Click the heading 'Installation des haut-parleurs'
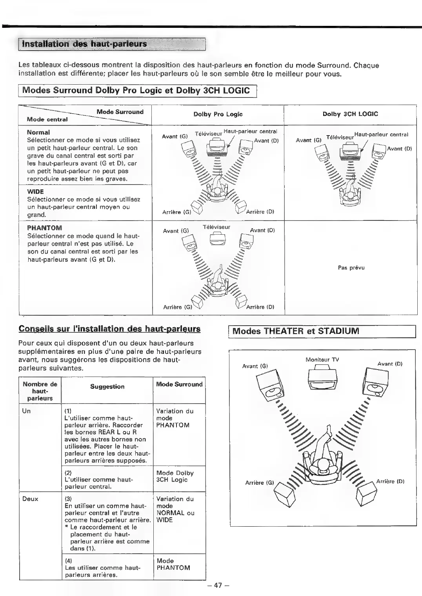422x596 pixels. click(84, 43)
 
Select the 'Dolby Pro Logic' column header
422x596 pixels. click(218, 114)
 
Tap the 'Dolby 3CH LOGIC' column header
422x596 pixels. click(350, 114)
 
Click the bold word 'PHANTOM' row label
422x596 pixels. click(44, 228)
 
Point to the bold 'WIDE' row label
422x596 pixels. click(35, 192)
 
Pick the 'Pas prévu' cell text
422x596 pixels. click(351, 268)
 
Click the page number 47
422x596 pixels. click(218, 585)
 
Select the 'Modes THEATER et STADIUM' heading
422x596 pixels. click(296, 331)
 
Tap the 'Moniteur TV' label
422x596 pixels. click(322, 360)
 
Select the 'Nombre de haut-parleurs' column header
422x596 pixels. click(40, 391)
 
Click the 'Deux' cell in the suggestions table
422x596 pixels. click(30, 499)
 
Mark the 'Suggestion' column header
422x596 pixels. click(107, 386)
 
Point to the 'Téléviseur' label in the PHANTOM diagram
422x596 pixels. click(216, 227)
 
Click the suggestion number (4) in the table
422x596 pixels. click(68, 561)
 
